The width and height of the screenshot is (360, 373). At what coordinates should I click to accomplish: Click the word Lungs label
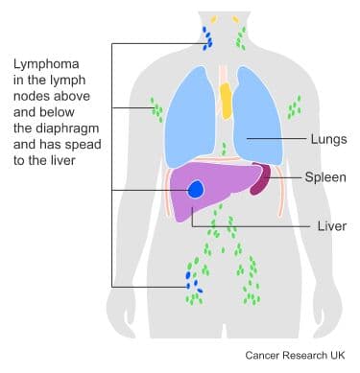click(327, 139)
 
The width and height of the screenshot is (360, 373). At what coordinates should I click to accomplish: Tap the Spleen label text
click(324, 177)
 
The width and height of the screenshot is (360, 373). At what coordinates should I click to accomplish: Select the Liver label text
click(331, 226)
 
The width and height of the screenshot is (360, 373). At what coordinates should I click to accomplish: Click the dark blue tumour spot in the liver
click(196, 189)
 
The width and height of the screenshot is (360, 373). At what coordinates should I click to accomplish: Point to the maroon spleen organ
click(259, 178)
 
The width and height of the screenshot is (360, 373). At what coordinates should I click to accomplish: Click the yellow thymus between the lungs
click(227, 100)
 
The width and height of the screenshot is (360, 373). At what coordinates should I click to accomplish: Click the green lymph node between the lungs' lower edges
click(225, 149)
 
